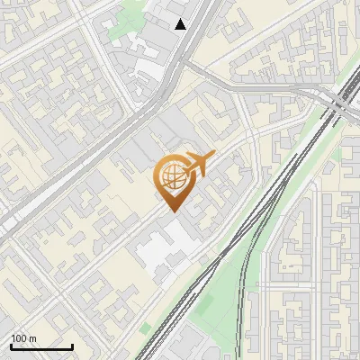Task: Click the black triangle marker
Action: point(181,24)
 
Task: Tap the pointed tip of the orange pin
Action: point(171,211)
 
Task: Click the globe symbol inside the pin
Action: point(170,176)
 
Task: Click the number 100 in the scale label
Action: point(19,338)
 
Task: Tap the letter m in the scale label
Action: point(32,338)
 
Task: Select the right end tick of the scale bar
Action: point(72,346)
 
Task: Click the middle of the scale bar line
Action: point(40,347)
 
